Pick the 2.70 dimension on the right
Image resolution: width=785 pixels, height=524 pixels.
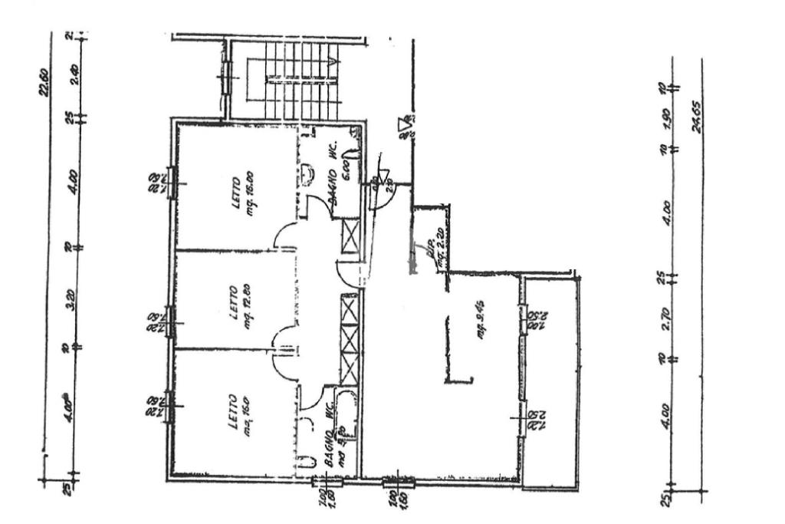point(666,318)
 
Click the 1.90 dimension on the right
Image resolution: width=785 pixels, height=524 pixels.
point(667,120)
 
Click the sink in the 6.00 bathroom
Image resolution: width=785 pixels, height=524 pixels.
point(306,174)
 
